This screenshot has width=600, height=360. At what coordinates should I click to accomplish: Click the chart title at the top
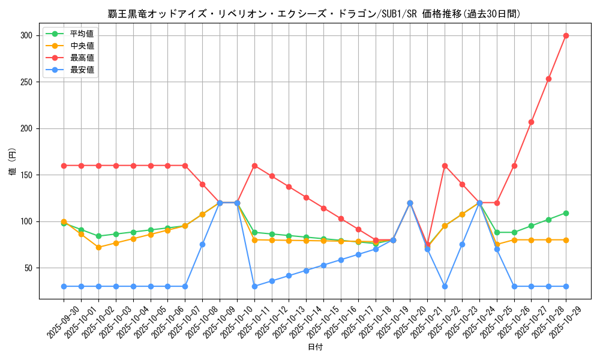click(x=314, y=14)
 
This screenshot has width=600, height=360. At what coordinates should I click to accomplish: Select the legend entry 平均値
click(x=82, y=34)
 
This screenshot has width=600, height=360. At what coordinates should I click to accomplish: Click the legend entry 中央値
click(x=82, y=46)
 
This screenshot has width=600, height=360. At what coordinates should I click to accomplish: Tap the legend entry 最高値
click(x=82, y=58)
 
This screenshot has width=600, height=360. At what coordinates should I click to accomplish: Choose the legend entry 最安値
click(x=82, y=70)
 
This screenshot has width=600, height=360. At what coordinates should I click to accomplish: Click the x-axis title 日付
click(x=315, y=347)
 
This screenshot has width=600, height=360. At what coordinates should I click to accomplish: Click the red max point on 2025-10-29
click(x=566, y=35)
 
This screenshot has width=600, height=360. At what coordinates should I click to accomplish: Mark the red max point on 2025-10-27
click(x=531, y=122)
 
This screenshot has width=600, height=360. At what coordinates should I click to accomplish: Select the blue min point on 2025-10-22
click(x=445, y=286)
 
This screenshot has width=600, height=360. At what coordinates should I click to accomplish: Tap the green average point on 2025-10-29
click(x=566, y=213)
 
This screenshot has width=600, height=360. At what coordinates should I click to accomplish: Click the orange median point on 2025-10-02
click(x=98, y=247)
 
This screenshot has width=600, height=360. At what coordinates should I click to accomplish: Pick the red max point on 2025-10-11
click(x=254, y=166)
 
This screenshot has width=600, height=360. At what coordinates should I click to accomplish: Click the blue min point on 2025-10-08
click(x=202, y=244)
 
